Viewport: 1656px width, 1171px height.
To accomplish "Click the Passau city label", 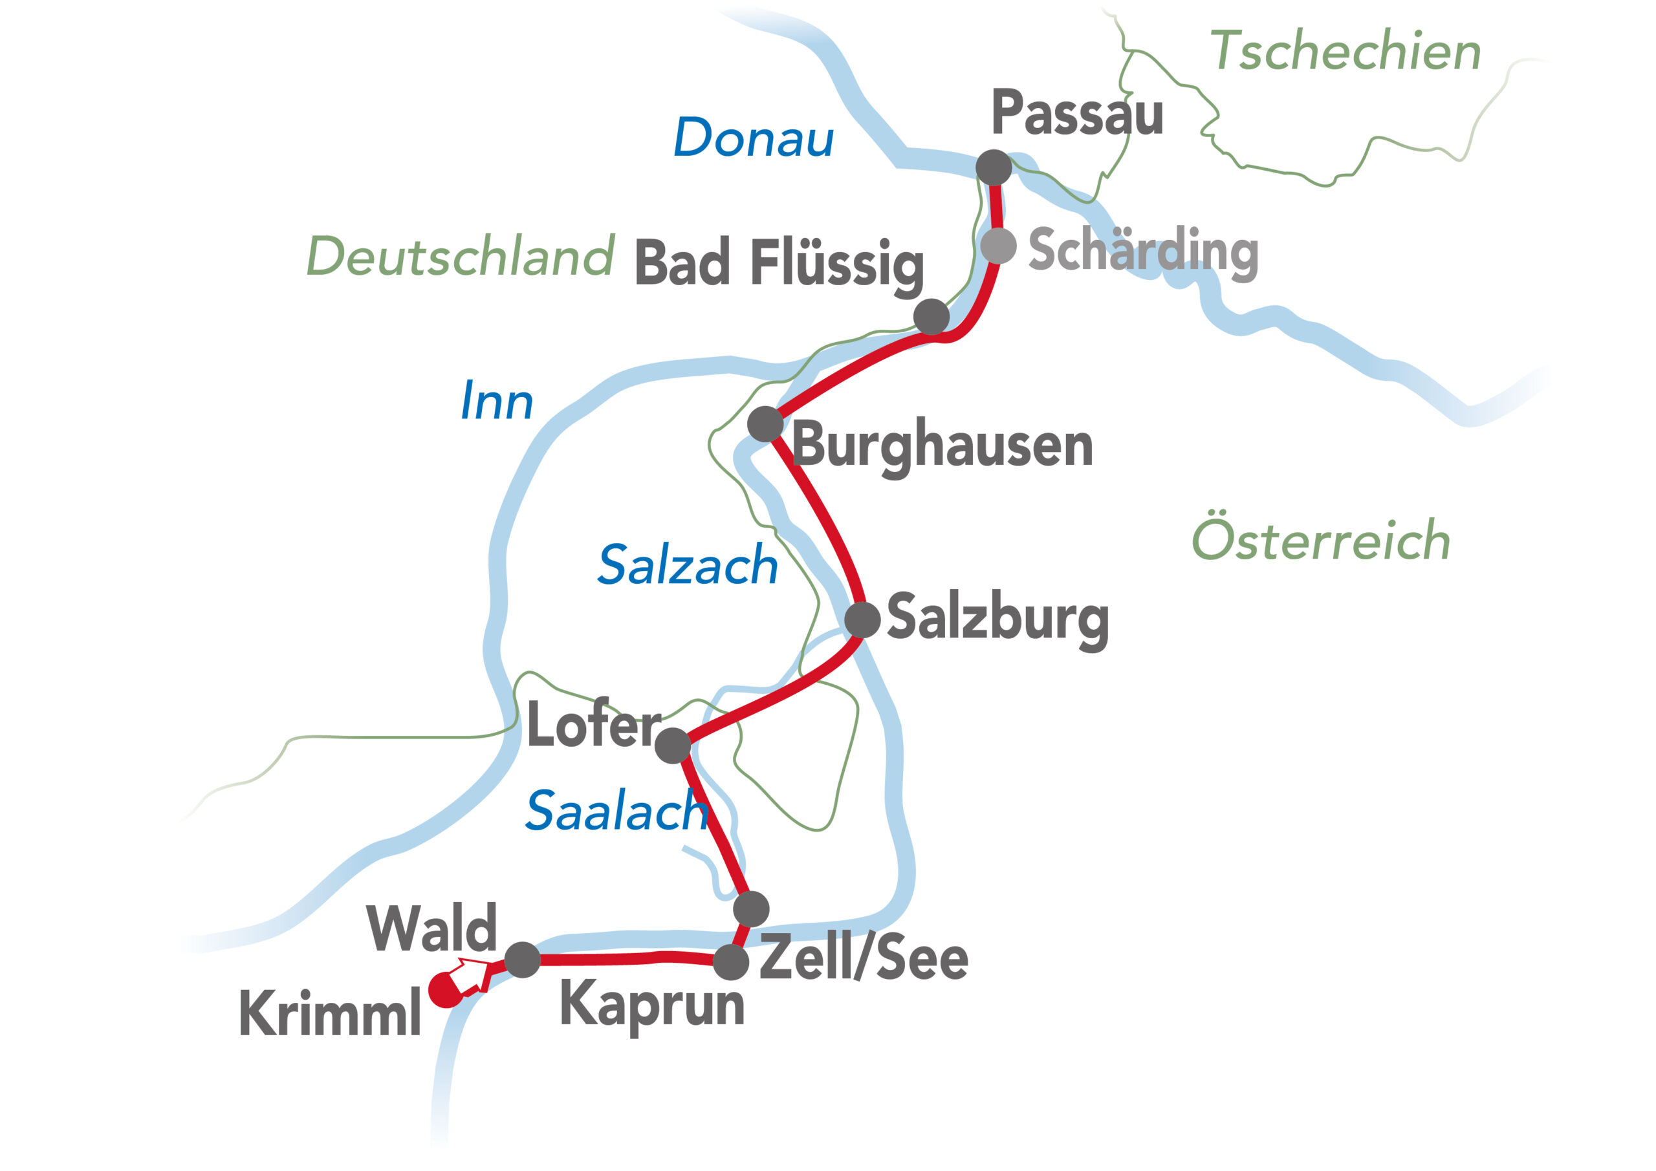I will tap(1077, 113).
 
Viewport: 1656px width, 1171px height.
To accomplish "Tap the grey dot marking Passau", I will tap(993, 167).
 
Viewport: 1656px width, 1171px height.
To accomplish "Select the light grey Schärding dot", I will tap(998, 246).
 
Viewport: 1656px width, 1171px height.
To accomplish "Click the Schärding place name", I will tap(1143, 250).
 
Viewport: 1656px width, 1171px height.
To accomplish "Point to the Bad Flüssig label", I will tap(779, 263).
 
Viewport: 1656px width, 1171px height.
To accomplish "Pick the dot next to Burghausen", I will tap(765, 424).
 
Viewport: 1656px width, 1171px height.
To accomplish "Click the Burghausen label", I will tap(942, 446).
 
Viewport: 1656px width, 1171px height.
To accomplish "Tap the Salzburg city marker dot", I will tap(862, 619).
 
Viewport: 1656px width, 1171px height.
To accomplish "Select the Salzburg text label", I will tap(997, 618).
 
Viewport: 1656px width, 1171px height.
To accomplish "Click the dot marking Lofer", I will tap(672, 746).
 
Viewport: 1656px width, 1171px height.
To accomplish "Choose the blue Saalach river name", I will tap(616, 810).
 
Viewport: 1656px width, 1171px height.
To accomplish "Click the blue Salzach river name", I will tap(688, 564).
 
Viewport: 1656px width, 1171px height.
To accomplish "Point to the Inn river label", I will tap(496, 401).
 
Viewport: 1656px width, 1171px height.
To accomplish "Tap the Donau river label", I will tap(753, 137).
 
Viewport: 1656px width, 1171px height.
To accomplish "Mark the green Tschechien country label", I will tap(1345, 51).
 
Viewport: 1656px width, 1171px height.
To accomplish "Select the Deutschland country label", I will tap(460, 256).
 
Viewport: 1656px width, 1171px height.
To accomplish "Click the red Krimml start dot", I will tap(445, 990).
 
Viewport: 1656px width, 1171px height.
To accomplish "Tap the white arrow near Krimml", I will tap(471, 976).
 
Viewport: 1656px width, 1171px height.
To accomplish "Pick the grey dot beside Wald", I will tap(522, 960).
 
